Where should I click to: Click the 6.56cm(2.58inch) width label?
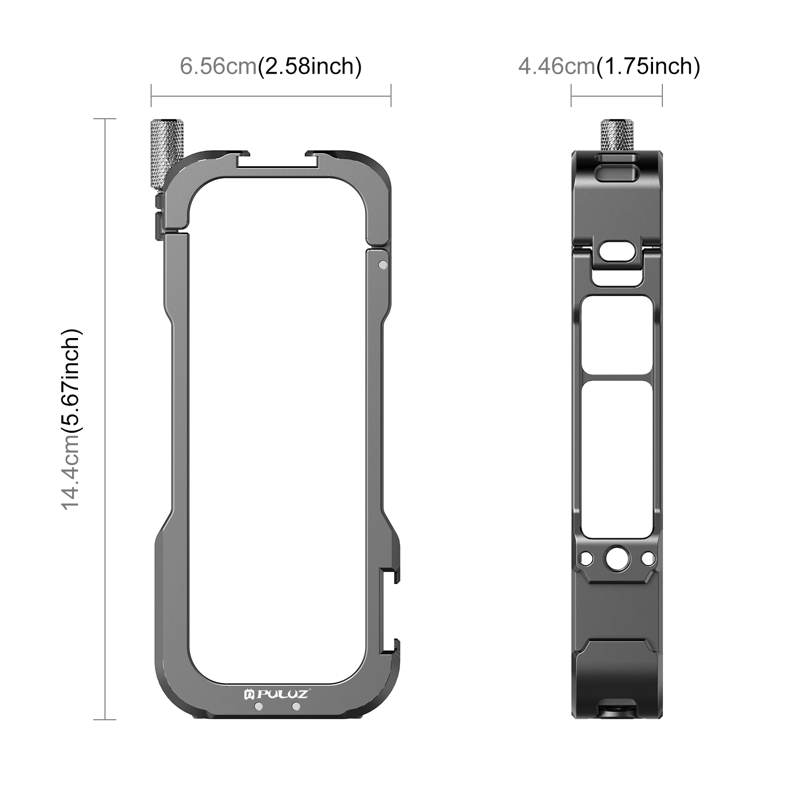[x=271, y=66]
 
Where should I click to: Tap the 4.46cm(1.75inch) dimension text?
[x=609, y=66]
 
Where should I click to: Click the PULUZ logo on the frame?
[x=276, y=694]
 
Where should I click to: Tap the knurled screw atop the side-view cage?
[x=617, y=135]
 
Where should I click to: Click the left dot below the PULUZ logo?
[x=259, y=706]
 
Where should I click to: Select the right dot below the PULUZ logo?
[x=296, y=706]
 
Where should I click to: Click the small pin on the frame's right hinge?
[x=383, y=265]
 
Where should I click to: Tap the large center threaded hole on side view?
[x=616, y=558]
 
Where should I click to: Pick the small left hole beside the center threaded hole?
[x=586, y=558]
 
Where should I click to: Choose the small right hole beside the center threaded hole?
[x=648, y=558]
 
